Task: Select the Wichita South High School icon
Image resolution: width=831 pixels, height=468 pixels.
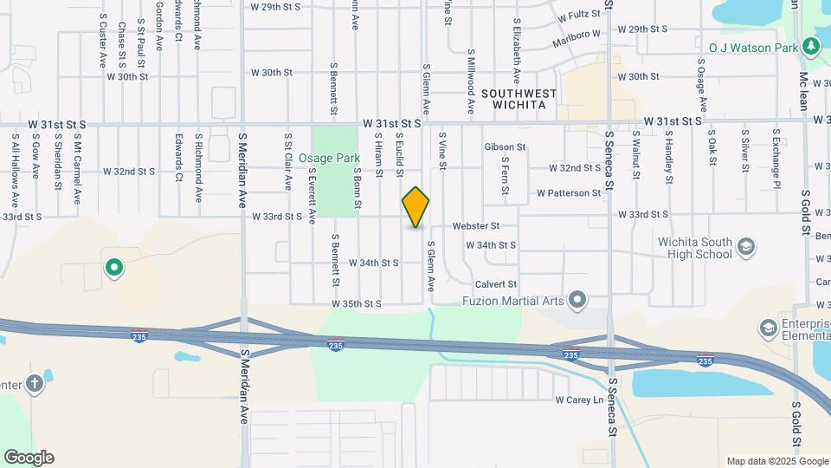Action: [x=745, y=249]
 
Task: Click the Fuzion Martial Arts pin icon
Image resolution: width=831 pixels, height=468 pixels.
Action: [x=578, y=301]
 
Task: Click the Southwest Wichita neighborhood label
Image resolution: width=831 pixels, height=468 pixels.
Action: [x=519, y=99]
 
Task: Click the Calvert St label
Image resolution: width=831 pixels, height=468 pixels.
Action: [x=495, y=284]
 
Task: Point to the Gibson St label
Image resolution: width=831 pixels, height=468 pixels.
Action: [x=505, y=147]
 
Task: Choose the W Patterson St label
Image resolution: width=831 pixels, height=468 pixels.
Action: [x=568, y=192]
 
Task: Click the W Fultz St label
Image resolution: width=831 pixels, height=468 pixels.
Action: [x=579, y=16]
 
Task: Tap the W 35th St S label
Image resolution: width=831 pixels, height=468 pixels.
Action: [x=356, y=304]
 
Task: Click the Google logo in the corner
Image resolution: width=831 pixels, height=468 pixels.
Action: [x=29, y=458]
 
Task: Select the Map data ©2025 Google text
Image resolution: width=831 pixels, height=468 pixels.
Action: [x=776, y=461]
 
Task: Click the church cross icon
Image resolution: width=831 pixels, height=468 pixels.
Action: [x=34, y=385]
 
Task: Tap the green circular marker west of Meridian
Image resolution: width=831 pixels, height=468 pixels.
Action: [x=113, y=268]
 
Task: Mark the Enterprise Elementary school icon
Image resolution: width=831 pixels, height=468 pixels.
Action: [x=768, y=328]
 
